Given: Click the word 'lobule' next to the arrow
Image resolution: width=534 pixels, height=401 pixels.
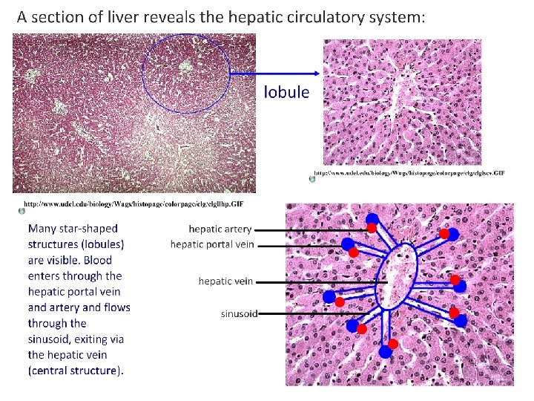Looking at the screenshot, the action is (286, 93).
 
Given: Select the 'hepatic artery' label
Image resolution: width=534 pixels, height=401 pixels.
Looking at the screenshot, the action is (220, 229).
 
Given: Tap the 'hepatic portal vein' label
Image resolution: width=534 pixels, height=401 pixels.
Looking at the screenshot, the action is (212, 244).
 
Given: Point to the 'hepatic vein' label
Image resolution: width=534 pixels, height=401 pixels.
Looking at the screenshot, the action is (225, 281).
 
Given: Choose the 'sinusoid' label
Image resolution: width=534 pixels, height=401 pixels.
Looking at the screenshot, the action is (239, 313).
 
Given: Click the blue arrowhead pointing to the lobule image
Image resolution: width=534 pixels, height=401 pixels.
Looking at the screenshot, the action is (317, 73).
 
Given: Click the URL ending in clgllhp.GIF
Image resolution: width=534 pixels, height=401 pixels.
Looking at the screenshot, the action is (133, 203).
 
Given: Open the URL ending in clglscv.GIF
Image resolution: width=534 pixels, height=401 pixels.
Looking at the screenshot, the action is (409, 173).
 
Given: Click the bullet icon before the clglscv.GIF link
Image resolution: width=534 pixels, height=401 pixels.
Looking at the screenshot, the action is (312, 177).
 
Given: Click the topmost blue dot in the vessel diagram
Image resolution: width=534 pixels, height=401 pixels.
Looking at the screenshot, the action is (372, 218).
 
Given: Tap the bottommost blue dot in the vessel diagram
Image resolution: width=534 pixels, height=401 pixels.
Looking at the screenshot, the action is (385, 353).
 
